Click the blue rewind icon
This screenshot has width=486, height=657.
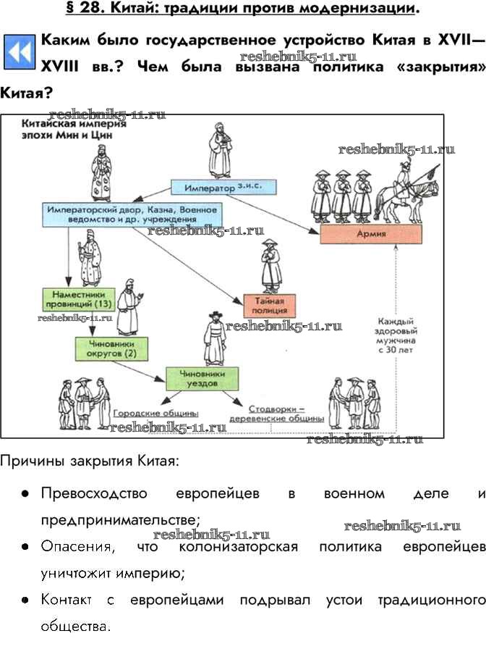click(x=20, y=55)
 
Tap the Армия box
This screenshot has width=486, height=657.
click(x=371, y=234)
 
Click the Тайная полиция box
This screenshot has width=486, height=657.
click(x=269, y=305)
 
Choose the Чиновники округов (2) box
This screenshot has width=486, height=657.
click(x=106, y=349)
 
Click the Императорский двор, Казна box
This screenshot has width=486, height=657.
click(x=129, y=214)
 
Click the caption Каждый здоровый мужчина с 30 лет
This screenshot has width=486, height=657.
click(x=395, y=335)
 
